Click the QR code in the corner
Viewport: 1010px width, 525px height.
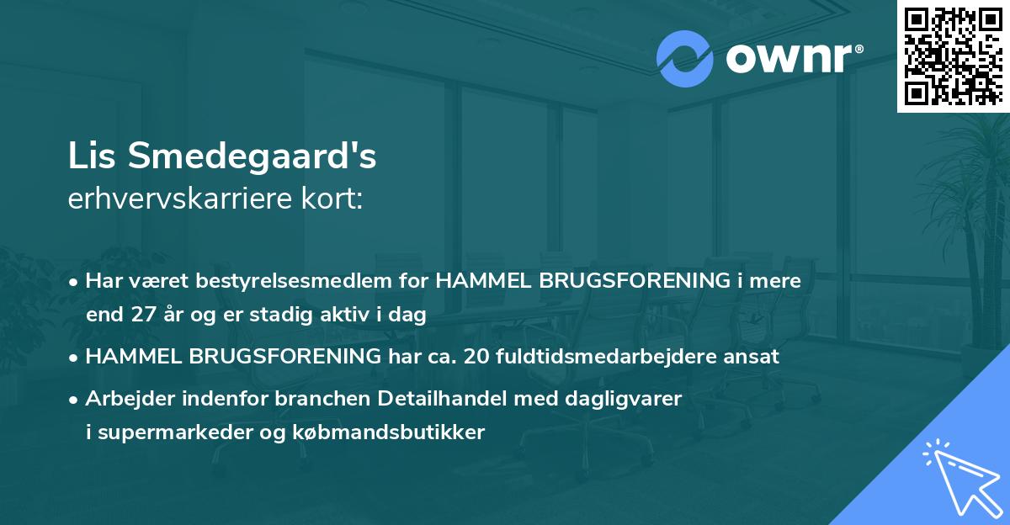coord(953,56)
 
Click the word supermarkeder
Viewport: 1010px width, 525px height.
coord(162,433)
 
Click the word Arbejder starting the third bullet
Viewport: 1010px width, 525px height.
coord(128,398)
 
